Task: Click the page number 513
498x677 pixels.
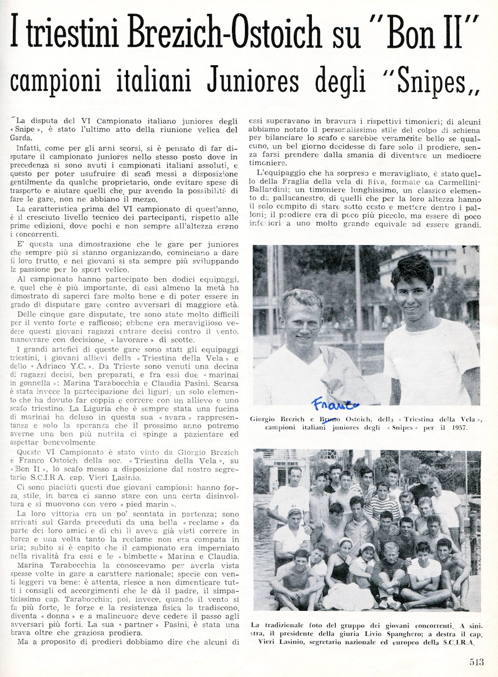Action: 477,662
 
